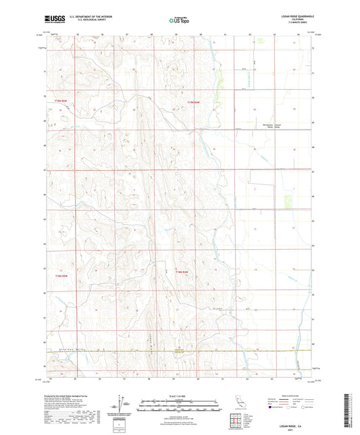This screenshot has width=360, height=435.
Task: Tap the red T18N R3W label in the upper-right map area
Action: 195,102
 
